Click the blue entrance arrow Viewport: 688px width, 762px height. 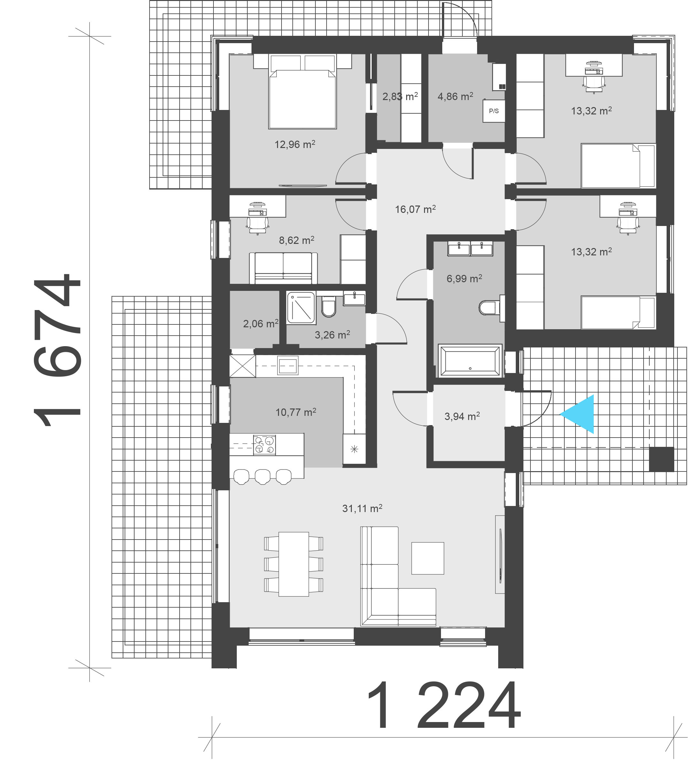coord(580,414)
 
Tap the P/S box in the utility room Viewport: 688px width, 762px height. coord(493,111)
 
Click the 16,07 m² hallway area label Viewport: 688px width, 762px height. coord(415,209)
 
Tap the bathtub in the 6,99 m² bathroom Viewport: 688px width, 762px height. coord(470,361)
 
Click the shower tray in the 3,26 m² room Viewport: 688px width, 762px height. coord(301,308)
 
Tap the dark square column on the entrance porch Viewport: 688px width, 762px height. coord(661,459)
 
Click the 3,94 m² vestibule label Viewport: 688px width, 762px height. coord(462,416)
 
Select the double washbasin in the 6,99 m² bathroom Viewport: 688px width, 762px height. coord(470,249)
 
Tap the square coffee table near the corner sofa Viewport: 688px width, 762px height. coord(427,558)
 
